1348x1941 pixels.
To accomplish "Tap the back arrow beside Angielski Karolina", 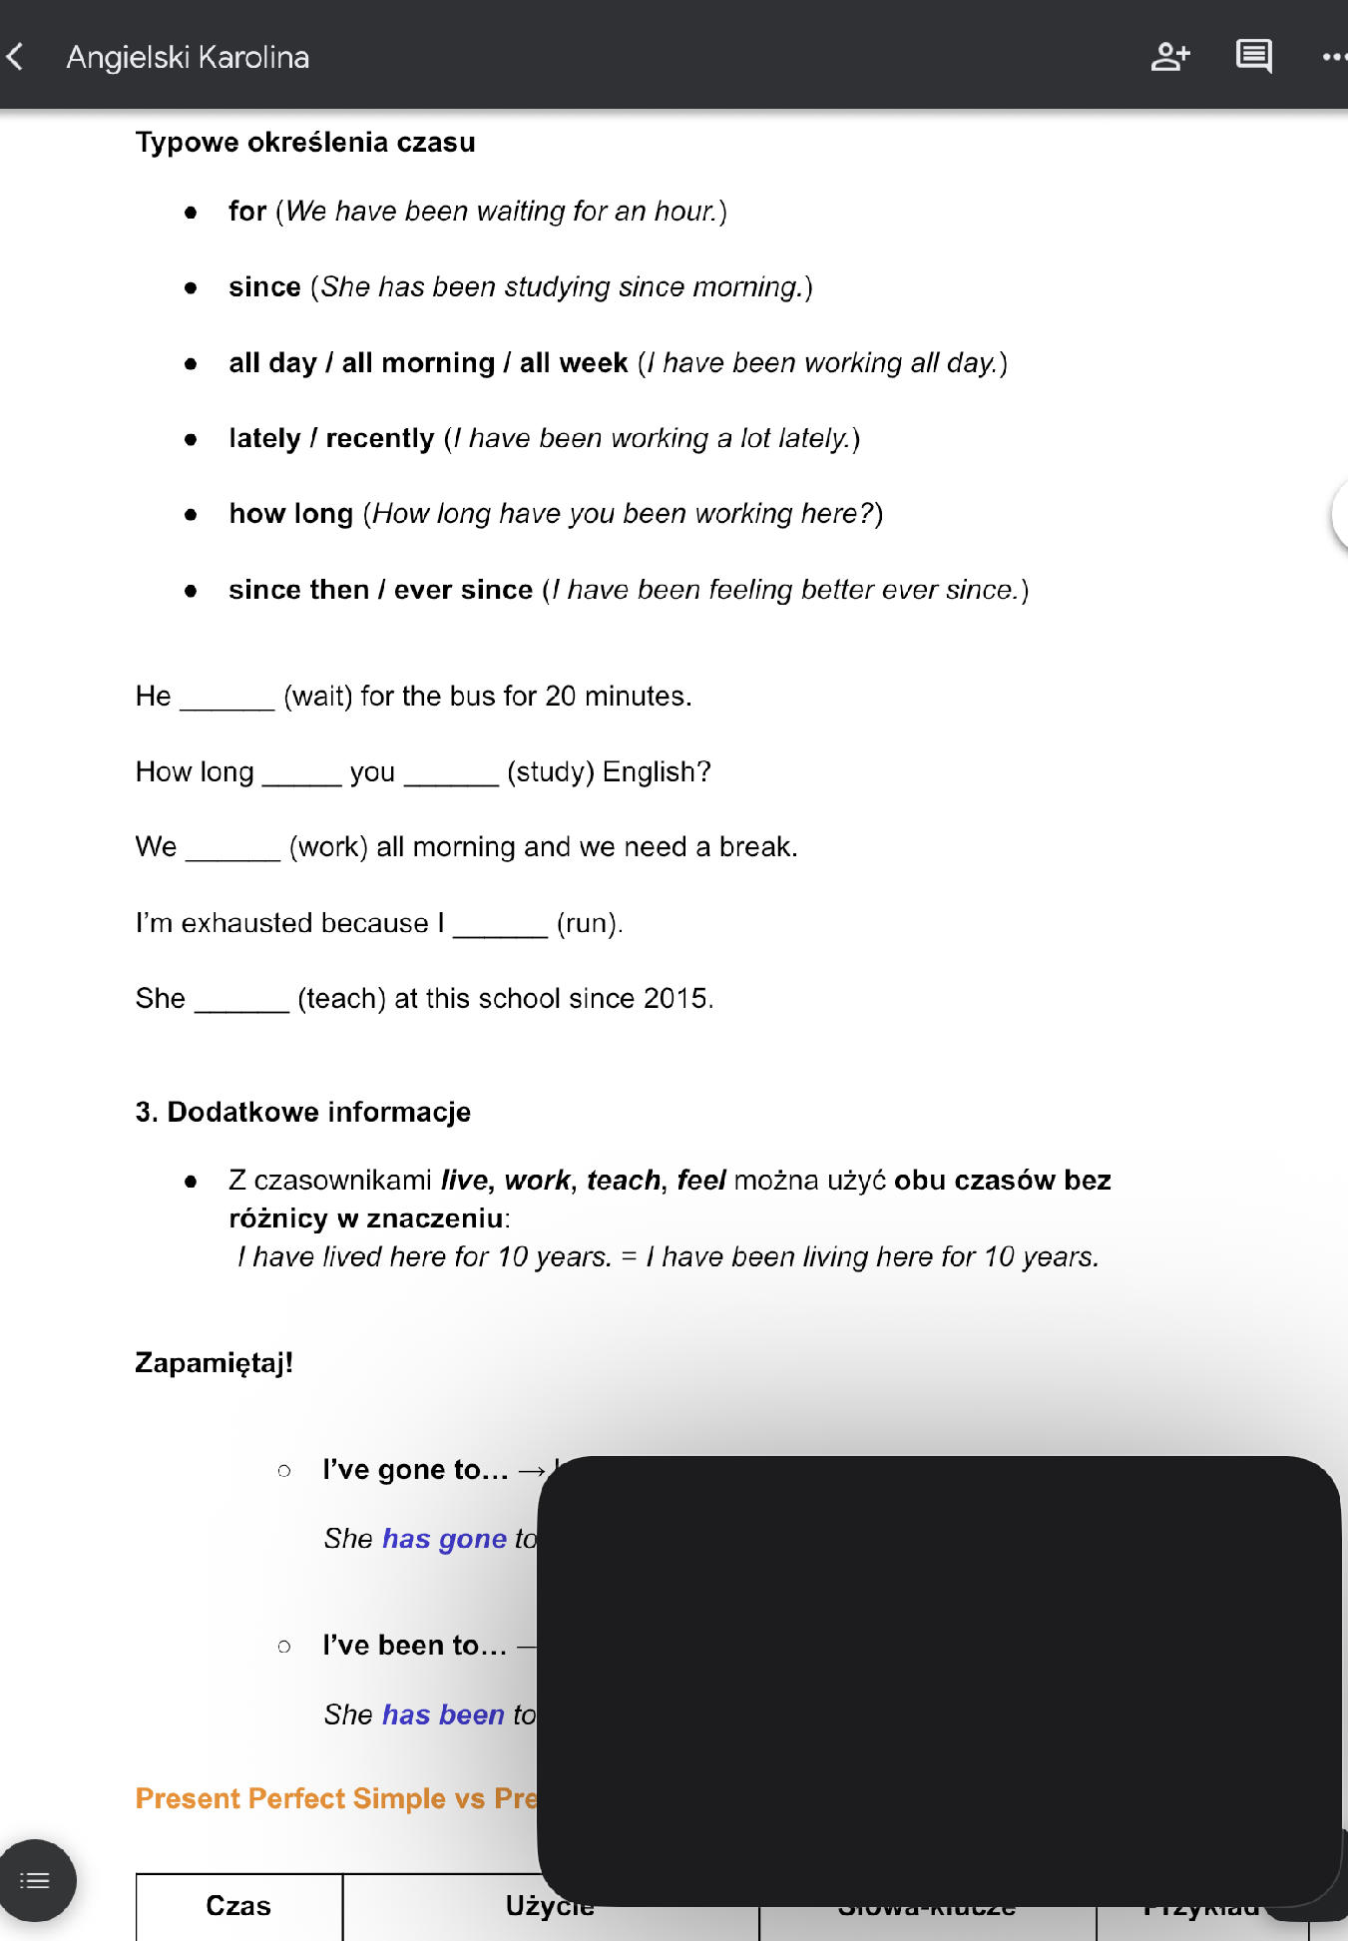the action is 16,57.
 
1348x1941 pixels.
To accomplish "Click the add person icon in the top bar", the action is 1169,57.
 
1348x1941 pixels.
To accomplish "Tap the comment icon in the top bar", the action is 1253,57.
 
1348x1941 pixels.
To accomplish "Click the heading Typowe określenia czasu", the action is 305,143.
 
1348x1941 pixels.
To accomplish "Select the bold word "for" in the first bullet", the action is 247,212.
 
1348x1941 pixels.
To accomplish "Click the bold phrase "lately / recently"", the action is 331,438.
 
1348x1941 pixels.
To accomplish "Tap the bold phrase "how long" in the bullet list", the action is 290,514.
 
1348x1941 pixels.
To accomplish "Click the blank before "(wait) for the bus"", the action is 226,698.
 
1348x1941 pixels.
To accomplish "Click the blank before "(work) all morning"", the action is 232,848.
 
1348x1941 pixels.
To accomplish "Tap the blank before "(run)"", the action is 500,924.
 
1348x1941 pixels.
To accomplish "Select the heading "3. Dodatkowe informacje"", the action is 303,1113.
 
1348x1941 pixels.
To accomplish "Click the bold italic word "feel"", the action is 701,1181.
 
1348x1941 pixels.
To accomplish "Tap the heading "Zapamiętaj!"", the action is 215,1363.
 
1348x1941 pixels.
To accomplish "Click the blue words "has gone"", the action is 444,1539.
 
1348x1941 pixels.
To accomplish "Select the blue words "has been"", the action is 443,1714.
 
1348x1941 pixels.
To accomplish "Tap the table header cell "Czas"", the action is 238,1906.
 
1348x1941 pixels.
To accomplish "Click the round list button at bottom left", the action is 36,1881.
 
